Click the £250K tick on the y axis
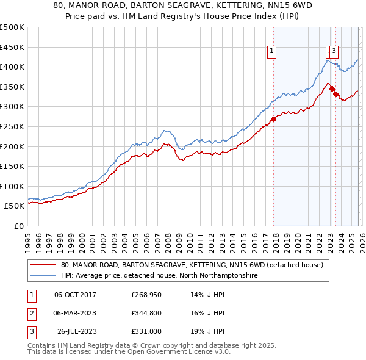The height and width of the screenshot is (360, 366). (12, 126)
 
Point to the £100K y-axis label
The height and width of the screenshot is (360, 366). (12, 186)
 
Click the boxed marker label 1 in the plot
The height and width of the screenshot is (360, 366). (271, 52)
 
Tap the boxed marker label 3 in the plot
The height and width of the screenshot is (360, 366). (335, 52)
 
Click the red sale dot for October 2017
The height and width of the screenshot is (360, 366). (273, 119)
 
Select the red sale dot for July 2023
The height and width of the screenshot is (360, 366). (336, 95)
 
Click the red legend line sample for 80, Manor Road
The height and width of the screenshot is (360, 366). (43, 265)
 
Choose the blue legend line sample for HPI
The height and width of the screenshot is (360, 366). (43, 276)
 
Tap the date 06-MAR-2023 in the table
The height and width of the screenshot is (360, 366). (75, 313)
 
